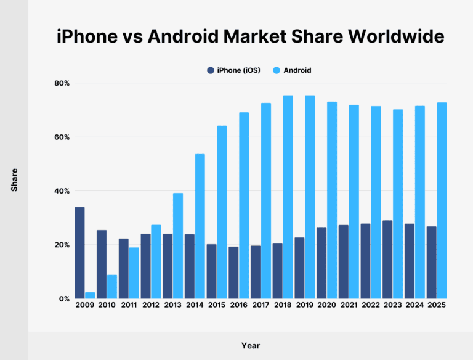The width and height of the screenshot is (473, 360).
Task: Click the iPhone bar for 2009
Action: coord(79,253)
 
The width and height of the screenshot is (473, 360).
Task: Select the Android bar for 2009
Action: coord(90,295)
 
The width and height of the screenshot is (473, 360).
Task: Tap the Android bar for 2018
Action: coord(288,197)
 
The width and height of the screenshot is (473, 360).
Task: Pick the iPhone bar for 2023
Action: coord(387,260)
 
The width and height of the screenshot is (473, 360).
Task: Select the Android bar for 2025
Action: coord(442,200)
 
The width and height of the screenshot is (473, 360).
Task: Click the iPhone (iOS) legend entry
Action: coord(233,70)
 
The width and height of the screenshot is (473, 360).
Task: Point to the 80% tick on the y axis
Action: coord(62,83)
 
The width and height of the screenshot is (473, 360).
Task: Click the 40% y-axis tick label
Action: coord(62,191)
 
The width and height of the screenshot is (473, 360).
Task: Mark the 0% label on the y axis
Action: coord(64,299)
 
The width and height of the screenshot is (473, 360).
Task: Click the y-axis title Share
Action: coord(14,179)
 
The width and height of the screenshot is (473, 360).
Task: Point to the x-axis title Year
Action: coord(251,346)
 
